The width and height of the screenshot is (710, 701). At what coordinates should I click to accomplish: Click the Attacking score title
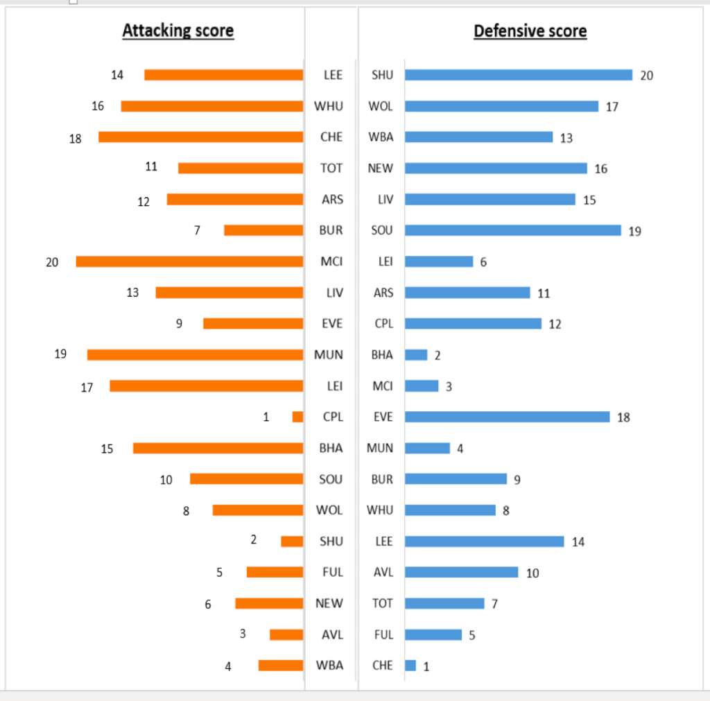tap(178, 31)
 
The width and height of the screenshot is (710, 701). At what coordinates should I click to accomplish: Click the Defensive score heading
tap(530, 31)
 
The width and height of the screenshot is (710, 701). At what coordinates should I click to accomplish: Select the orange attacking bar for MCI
tap(189, 261)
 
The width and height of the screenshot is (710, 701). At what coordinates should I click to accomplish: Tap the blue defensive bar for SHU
tap(519, 75)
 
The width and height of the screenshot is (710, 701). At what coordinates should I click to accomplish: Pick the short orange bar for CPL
tap(297, 417)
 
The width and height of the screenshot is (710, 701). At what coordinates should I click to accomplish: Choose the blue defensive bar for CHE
tap(410, 666)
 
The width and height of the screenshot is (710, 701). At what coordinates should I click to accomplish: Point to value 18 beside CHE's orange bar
tap(75, 138)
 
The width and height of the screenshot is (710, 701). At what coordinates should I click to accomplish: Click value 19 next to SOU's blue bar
tap(634, 231)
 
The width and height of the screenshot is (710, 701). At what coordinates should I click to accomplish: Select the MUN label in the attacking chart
tap(329, 355)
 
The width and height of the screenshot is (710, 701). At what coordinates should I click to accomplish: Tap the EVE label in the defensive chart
tap(383, 417)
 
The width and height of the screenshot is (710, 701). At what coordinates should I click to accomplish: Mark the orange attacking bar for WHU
tap(212, 106)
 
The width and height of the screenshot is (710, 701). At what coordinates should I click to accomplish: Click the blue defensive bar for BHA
tap(416, 355)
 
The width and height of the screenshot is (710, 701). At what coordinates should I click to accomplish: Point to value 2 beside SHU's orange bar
tap(254, 540)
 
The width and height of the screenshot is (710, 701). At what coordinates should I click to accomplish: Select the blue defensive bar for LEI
tap(439, 261)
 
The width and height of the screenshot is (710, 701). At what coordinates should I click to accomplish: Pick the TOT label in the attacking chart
tap(331, 168)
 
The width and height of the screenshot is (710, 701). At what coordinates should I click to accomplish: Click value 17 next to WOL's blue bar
tap(612, 107)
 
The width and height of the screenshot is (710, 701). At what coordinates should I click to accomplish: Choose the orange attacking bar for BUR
tap(263, 230)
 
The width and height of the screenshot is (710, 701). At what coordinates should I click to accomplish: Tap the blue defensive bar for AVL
tap(462, 572)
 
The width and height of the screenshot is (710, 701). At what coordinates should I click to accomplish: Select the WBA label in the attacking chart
tap(329, 666)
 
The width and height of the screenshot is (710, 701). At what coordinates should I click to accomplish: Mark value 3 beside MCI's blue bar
tap(449, 387)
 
